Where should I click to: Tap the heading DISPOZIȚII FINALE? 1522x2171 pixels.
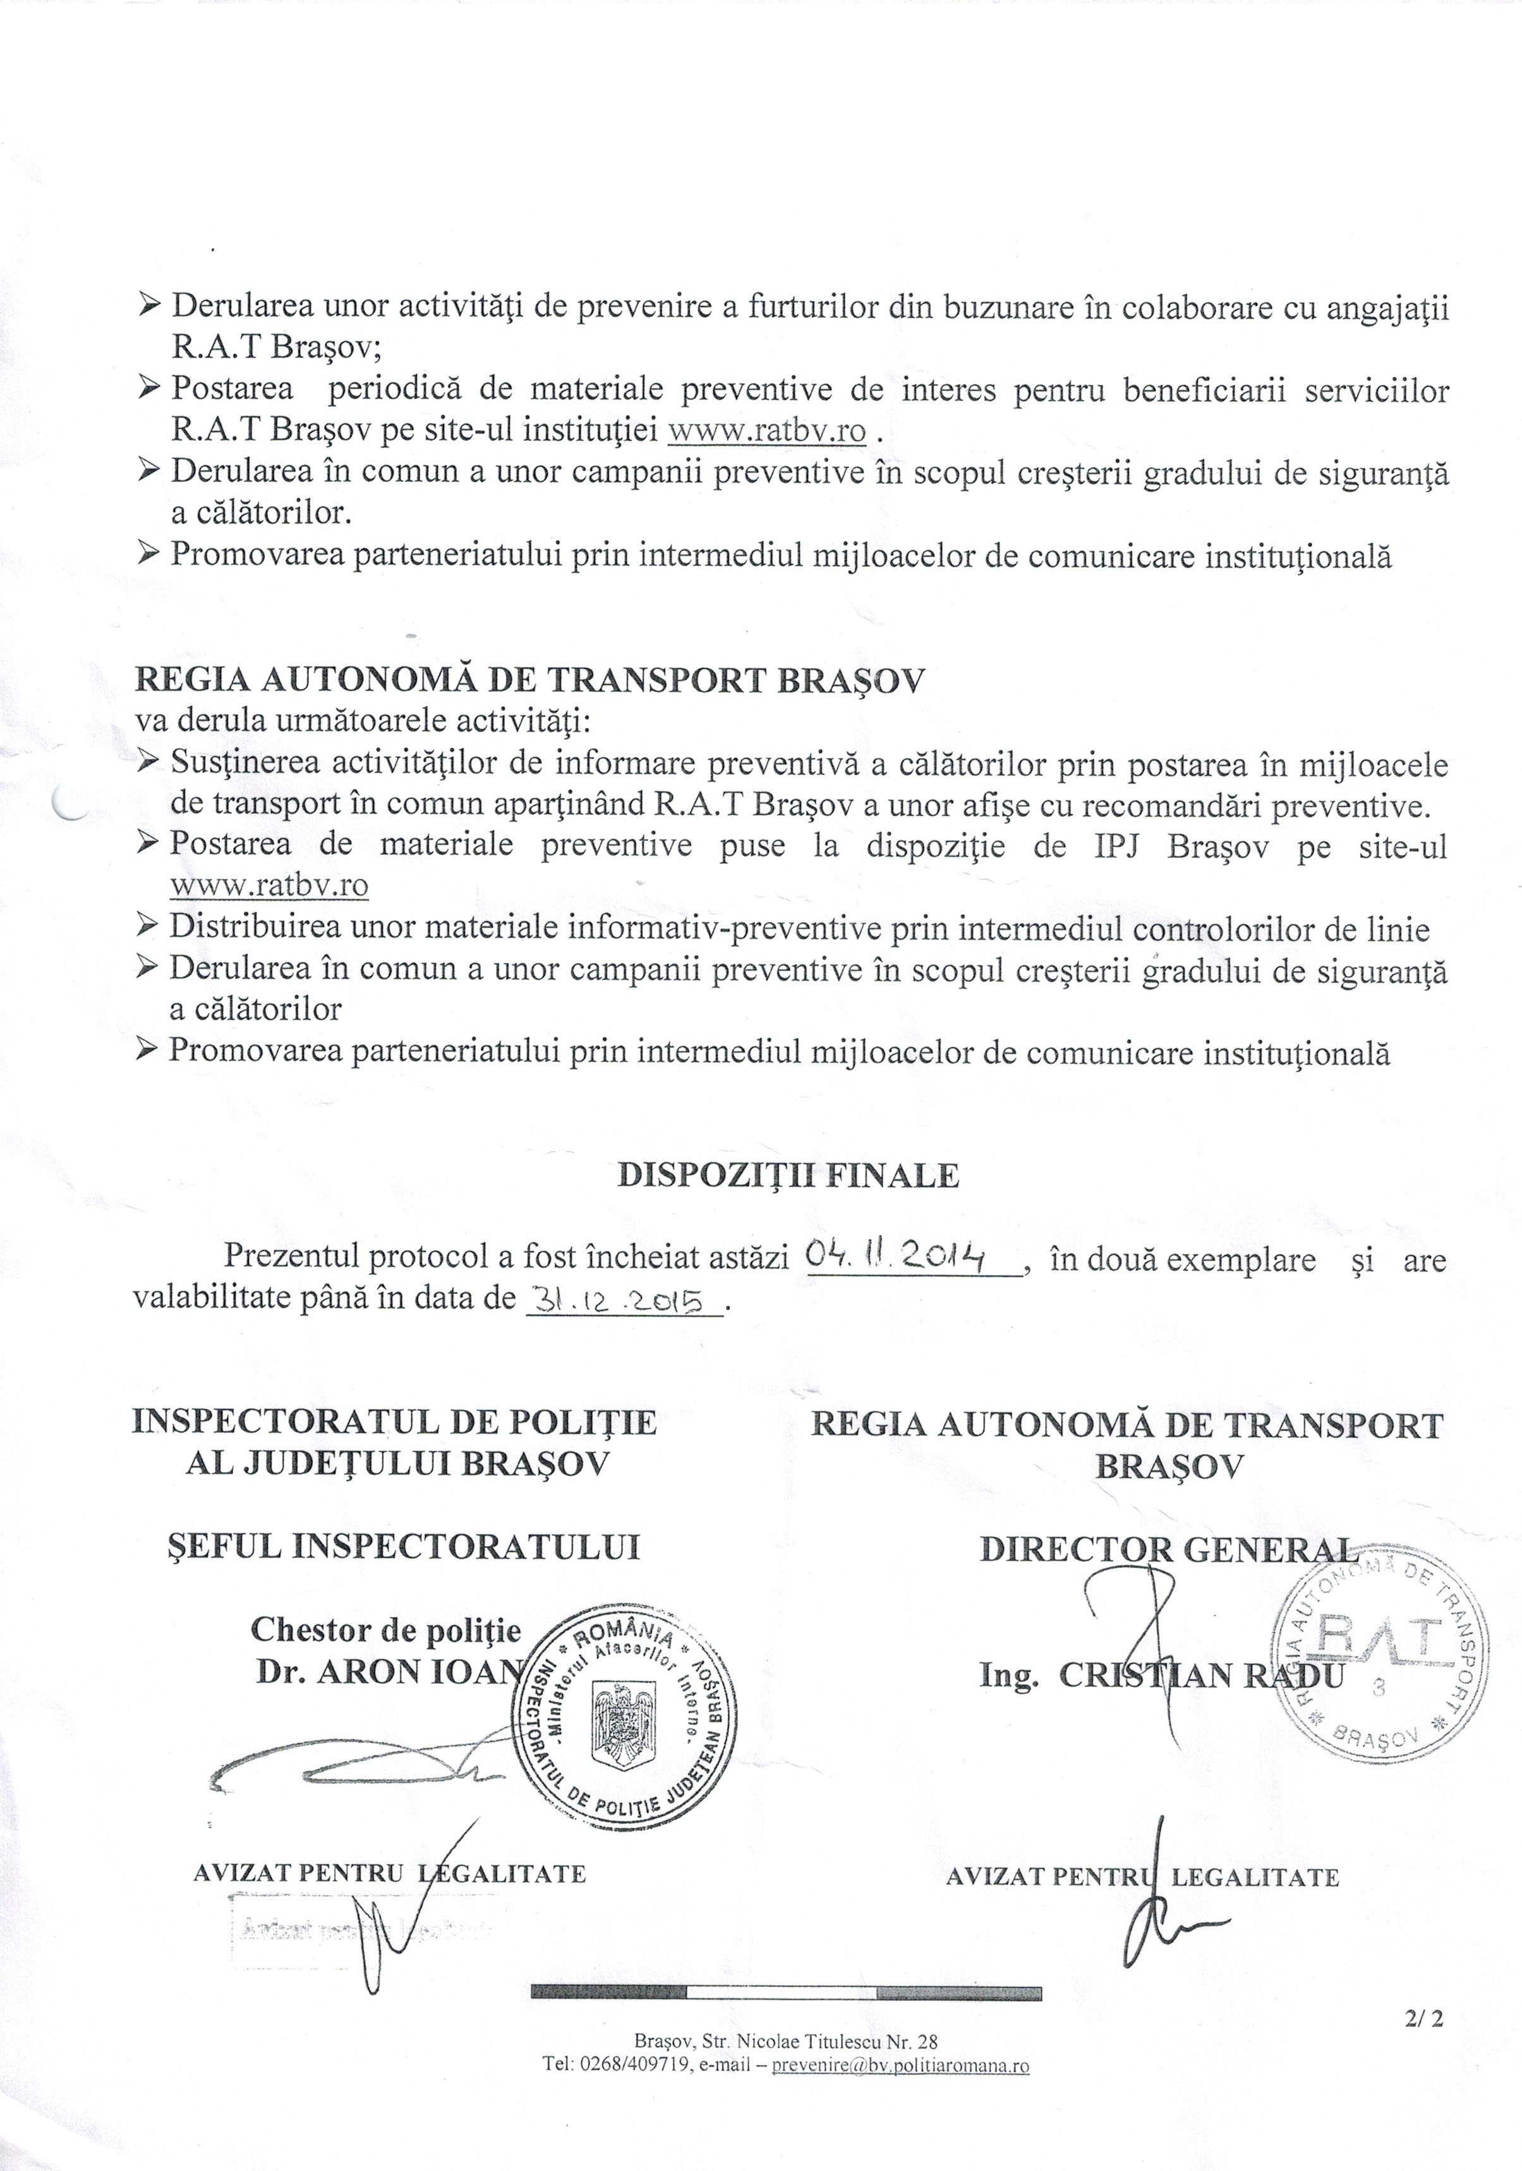coord(788,1175)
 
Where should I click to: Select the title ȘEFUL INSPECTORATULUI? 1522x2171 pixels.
coord(402,1546)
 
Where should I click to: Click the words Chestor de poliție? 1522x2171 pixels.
coord(385,1628)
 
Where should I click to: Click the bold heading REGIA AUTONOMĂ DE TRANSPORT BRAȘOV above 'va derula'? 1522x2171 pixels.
coord(530,680)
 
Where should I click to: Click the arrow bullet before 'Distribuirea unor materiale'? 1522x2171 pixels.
coord(147,927)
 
